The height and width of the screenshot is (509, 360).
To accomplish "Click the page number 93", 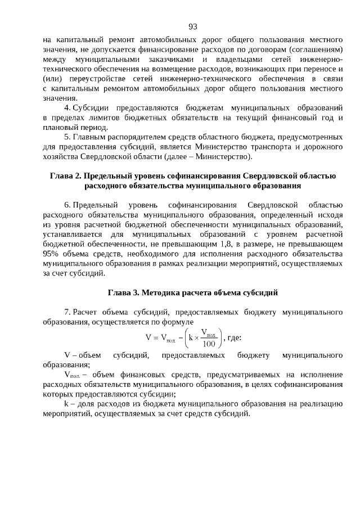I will point(192,26).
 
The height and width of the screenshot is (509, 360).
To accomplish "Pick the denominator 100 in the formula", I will point(209,343).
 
